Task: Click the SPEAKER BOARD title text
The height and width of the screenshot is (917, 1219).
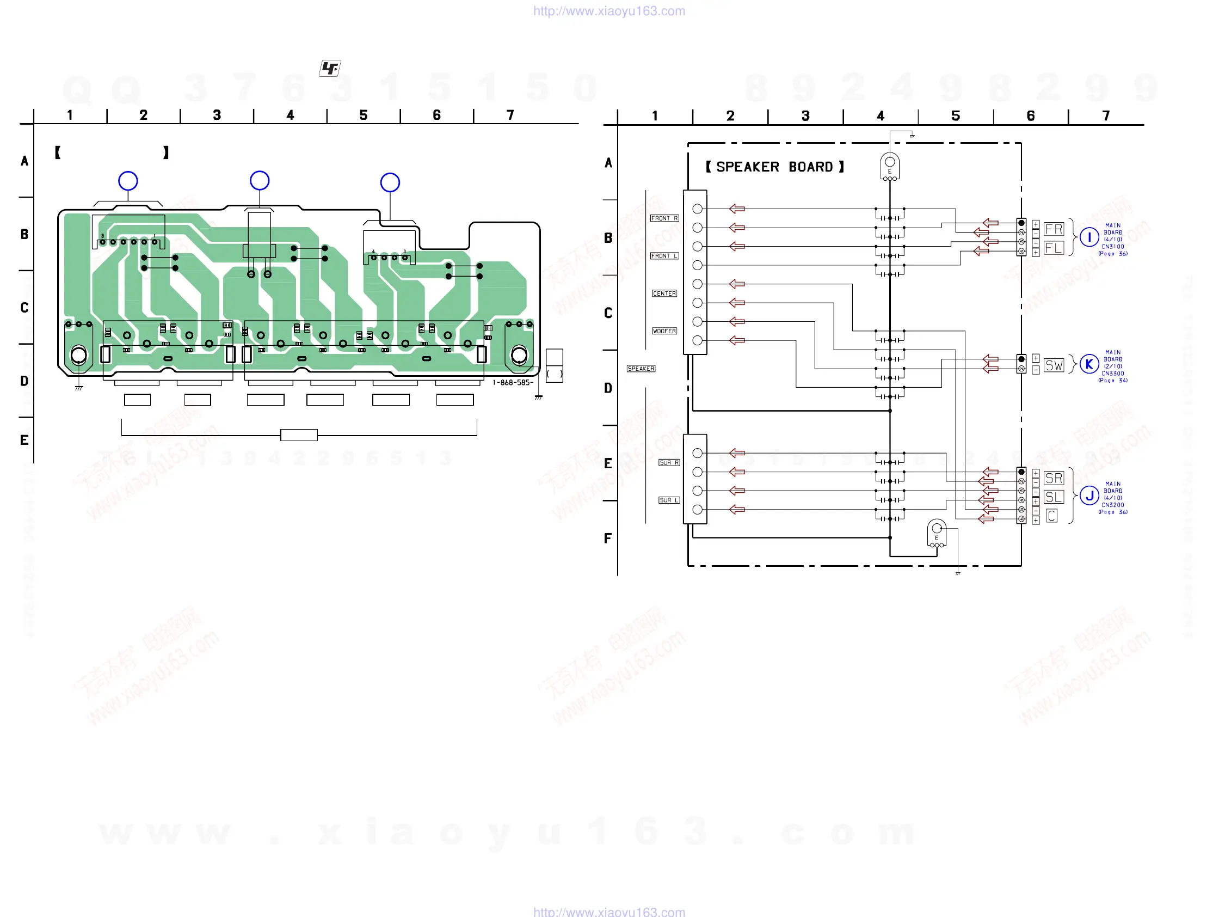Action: (x=774, y=167)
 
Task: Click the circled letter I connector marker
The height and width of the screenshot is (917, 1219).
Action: (x=1089, y=237)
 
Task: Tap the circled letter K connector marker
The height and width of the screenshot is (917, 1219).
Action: (x=1089, y=364)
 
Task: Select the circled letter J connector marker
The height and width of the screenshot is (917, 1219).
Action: (x=1089, y=496)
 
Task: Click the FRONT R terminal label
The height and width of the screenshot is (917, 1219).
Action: (x=664, y=218)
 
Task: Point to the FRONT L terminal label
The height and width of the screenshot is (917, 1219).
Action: (x=664, y=256)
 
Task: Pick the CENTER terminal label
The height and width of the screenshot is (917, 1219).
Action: (x=664, y=294)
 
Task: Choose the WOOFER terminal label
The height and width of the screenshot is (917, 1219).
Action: (x=664, y=331)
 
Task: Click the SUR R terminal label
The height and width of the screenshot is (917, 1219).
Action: (x=669, y=463)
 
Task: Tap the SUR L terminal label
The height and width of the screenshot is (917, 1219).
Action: (x=669, y=500)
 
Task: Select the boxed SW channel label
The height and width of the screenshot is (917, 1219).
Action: (x=1054, y=365)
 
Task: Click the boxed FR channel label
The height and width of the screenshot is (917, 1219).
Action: (x=1054, y=229)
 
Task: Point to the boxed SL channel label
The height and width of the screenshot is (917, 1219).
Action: (x=1054, y=497)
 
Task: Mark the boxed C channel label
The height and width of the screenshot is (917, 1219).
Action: (x=1051, y=516)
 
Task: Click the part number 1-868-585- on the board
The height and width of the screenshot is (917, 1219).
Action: (x=513, y=383)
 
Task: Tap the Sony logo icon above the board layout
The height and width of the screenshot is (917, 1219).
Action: (x=330, y=69)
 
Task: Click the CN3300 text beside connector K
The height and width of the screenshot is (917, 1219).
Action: (x=1113, y=374)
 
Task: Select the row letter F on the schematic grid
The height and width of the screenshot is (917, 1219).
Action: (x=608, y=538)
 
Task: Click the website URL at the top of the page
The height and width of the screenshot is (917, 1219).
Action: (x=609, y=11)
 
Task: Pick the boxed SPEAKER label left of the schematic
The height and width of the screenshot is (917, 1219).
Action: (x=641, y=368)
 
